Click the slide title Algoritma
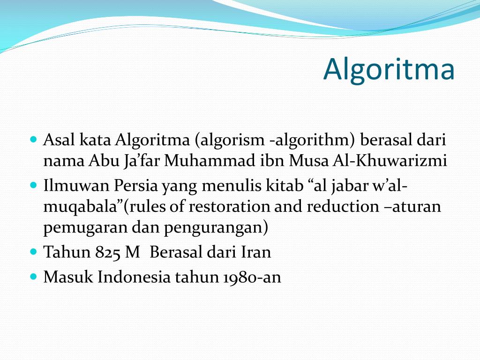coord(389,69)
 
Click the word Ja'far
coord(142,161)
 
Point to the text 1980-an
coord(251,277)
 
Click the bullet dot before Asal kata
coord(33,140)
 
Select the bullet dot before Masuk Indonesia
coord(33,277)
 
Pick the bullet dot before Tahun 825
coord(33,252)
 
